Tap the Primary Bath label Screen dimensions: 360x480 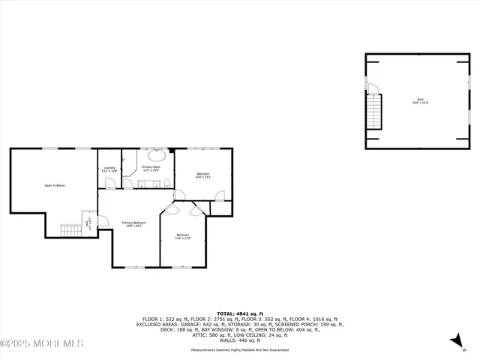pyautogui.click(x=152, y=168)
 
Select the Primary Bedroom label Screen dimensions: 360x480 pyautogui.click(x=134, y=223)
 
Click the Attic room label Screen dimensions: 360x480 pyautogui.click(x=420, y=100)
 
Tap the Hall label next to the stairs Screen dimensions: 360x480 pyautogui.click(x=88, y=223)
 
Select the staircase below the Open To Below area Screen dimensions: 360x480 pyautogui.click(x=71, y=230)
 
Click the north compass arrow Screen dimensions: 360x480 pyautogui.click(x=455, y=341)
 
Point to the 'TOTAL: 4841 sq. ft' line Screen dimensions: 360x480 pyautogui.click(x=239, y=313)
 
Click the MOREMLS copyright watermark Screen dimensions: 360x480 pyautogui.click(x=42, y=344)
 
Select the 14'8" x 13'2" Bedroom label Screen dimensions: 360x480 pyautogui.click(x=203, y=175)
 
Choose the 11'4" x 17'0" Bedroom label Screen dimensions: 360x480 pyautogui.click(x=183, y=236)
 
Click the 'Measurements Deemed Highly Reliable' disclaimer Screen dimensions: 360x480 pyautogui.click(x=239, y=350)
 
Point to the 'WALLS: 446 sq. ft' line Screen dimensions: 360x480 pyautogui.click(x=239, y=336)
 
